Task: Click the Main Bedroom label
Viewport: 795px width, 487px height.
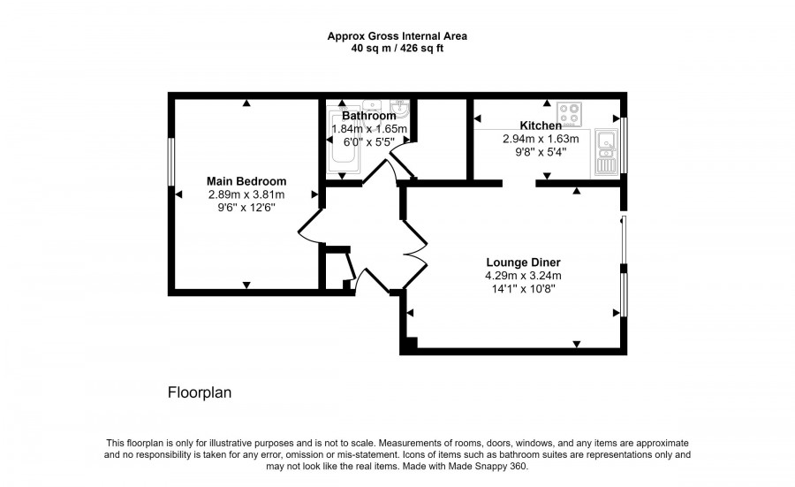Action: pyautogui.click(x=246, y=181)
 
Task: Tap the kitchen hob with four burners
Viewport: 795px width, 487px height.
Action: pyautogui.click(x=569, y=114)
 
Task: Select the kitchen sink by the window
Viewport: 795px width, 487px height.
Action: pyautogui.click(x=606, y=151)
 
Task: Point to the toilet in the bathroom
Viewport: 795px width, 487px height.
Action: pyautogui.click(x=401, y=110)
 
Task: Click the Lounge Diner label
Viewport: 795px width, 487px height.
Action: pyautogui.click(x=523, y=262)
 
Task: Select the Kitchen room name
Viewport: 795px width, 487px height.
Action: pyautogui.click(x=541, y=126)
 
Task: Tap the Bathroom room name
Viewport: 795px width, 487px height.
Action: pyautogui.click(x=368, y=116)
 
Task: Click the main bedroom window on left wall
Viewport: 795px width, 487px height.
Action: pyautogui.click(x=171, y=160)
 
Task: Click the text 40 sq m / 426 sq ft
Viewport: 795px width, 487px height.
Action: pyautogui.click(x=397, y=49)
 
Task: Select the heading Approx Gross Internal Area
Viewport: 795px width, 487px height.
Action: pyautogui.click(x=397, y=36)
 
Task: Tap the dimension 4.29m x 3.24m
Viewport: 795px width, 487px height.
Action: pyautogui.click(x=523, y=275)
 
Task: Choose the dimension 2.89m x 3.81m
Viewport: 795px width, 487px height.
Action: pyautogui.click(x=246, y=194)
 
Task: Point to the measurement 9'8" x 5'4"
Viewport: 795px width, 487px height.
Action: pyautogui.click(x=541, y=151)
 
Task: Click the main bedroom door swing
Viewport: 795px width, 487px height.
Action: pyautogui.click(x=311, y=225)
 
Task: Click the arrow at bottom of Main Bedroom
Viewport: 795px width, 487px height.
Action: pyautogui.click(x=246, y=285)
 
